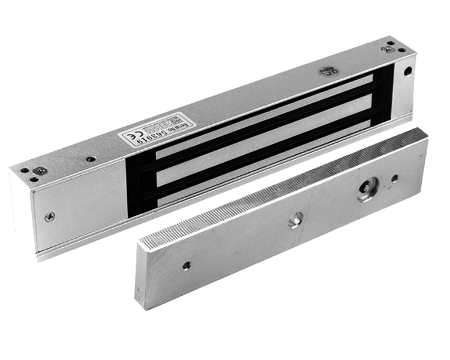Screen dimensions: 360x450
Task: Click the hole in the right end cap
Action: pos(407,71)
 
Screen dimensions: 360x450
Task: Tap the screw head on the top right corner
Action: pos(388,49)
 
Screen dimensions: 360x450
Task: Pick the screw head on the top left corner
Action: pos(39,171)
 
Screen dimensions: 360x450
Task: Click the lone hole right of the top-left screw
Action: pos(91,160)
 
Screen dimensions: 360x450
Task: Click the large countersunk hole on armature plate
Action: pos(366,190)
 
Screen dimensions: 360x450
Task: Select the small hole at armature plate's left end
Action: pos(187,265)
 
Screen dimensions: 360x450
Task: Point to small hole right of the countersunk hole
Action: pos(394,178)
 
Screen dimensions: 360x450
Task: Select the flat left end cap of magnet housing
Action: pos(78,207)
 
